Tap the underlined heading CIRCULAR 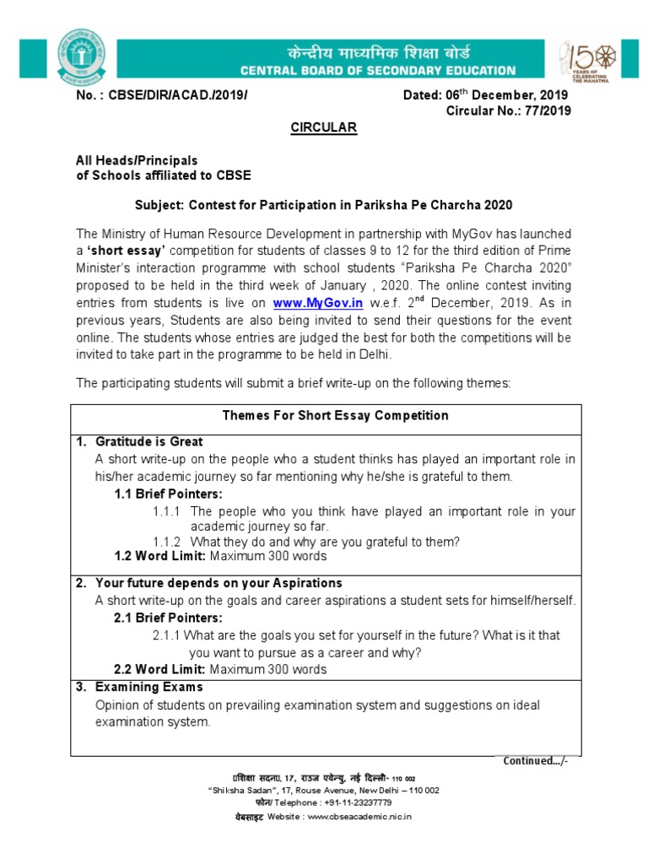click(324, 127)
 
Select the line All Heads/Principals click(137, 159)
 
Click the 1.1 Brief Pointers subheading click(168, 494)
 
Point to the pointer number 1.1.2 click(167, 542)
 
